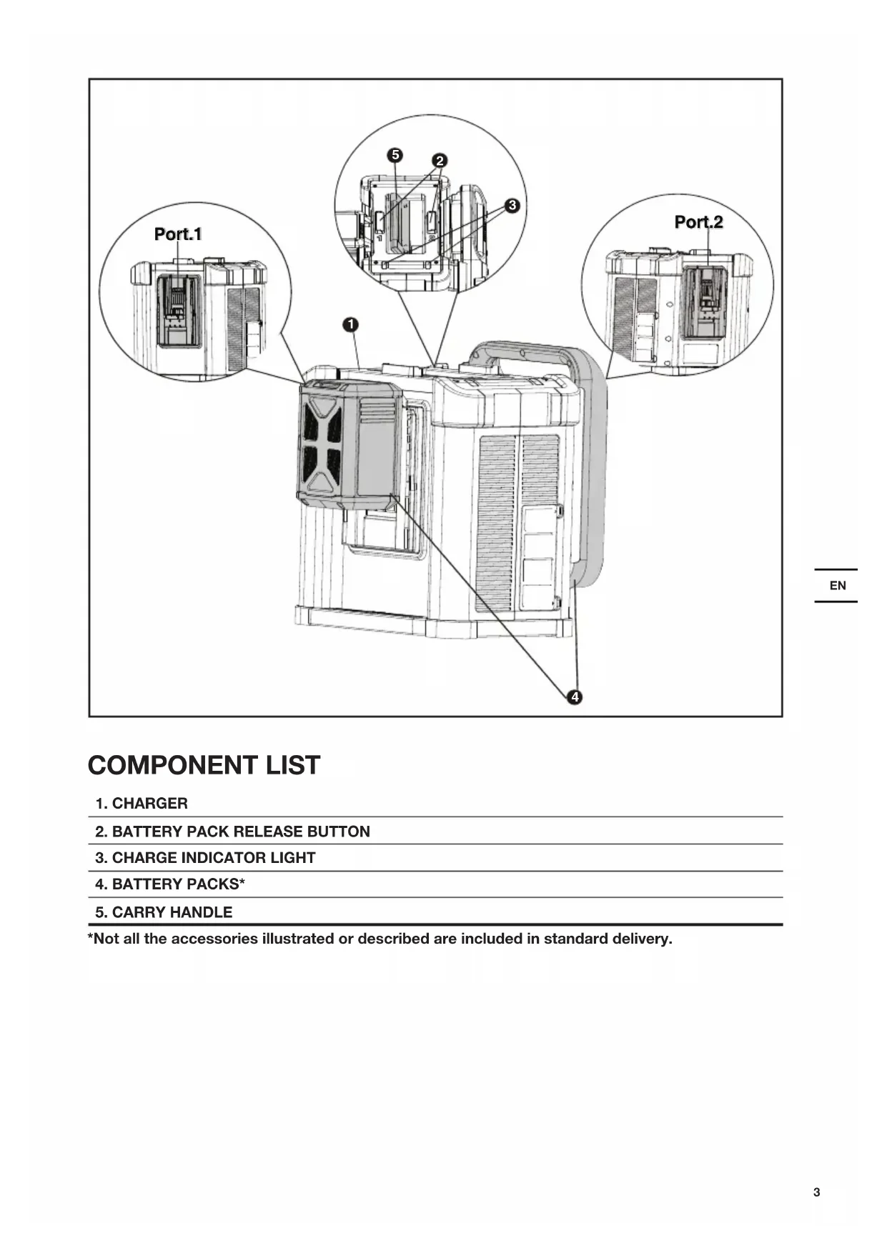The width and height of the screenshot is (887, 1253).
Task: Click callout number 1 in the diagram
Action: (x=350, y=325)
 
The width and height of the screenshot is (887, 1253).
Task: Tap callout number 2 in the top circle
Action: (x=440, y=161)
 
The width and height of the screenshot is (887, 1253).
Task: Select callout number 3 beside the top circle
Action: (x=512, y=206)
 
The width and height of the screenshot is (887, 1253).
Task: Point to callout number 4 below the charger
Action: (x=575, y=697)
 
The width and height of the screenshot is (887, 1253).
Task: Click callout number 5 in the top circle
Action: (x=395, y=155)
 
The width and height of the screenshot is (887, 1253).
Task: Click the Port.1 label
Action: (x=178, y=234)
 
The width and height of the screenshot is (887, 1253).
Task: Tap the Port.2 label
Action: (x=698, y=222)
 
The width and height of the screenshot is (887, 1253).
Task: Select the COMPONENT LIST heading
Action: (x=204, y=765)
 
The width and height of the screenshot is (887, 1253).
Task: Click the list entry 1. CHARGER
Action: (x=142, y=803)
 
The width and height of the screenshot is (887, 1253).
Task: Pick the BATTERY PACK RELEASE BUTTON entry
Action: (x=232, y=832)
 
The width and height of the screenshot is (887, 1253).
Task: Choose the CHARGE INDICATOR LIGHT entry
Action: (x=205, y=858)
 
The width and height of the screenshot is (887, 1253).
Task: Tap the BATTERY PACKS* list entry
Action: (x=170, y=884)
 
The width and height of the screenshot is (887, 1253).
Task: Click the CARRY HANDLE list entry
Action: (x=164, y=912)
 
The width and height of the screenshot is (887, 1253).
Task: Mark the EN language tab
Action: (x=837, y=586)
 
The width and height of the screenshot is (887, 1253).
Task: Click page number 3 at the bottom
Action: (x=816, y=1192)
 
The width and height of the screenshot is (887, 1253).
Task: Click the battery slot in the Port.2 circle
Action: (x=705, y=302)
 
